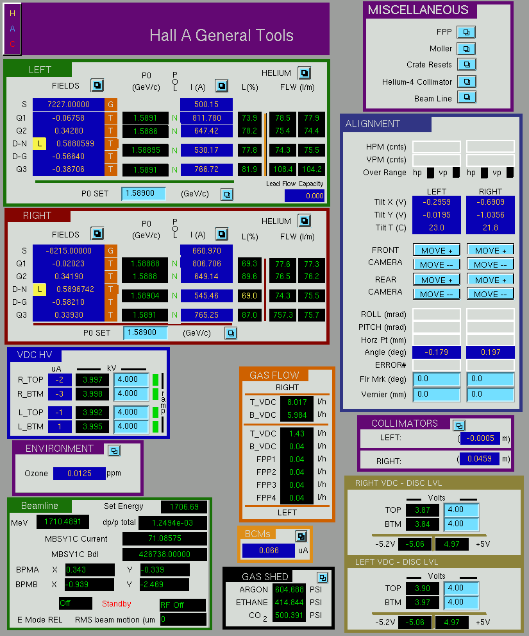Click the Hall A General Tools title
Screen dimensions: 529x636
point(221,35)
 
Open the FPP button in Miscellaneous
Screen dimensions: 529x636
point(466,32)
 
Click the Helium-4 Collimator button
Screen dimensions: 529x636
point(467,82)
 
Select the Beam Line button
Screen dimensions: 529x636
point(467,98)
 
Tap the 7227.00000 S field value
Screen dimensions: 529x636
point(69,104)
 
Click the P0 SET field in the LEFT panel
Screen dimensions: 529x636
point(144,193)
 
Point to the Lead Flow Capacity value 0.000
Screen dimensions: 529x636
point(305,196)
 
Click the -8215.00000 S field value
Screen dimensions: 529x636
point(69,251)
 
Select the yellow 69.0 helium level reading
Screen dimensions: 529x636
point(249,296)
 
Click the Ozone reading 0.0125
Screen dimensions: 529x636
point(80,474)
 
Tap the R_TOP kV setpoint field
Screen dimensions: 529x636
point(131,380)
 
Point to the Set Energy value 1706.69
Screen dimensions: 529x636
point(184,506)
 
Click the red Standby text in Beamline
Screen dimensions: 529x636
point(116,603)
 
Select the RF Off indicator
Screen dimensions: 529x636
point(183,605)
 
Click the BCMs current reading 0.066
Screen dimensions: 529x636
point(269,551)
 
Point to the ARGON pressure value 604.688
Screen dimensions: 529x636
point(289,589)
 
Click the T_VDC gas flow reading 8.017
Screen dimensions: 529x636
point(297,402)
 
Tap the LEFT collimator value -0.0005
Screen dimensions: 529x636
point(480,438)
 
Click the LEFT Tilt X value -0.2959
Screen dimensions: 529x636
point(436,202)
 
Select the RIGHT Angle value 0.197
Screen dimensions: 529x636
point(491,352)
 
